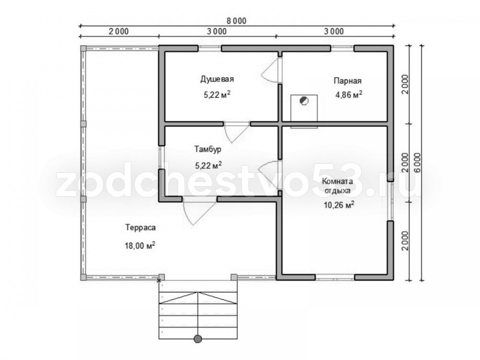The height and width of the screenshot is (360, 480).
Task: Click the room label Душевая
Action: (217, 79)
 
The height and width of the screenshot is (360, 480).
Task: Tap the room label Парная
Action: (348, 81)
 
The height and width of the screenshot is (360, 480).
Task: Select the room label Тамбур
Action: (208, 149)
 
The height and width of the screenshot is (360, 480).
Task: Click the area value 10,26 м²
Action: (339, 204)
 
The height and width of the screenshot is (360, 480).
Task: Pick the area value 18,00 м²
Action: (140, 245)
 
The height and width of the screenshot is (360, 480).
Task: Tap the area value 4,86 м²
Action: (349, 94)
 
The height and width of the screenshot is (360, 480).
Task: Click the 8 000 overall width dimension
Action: (236, 21)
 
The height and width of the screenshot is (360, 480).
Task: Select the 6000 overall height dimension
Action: (418, 163)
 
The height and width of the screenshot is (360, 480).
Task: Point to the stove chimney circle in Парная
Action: (304, 100)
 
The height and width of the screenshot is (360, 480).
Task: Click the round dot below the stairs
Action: (198, 338)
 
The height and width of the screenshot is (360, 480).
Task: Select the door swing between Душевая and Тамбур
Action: (237, 132)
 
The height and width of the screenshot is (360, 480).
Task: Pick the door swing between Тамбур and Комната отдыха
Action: (270, 172)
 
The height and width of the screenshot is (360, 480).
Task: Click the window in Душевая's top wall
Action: (210, 48)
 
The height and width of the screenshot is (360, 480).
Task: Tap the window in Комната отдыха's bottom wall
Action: (335, 277)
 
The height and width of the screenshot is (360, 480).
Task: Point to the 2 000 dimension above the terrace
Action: (119, 31)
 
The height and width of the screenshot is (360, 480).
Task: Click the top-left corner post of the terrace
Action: (83, 48)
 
